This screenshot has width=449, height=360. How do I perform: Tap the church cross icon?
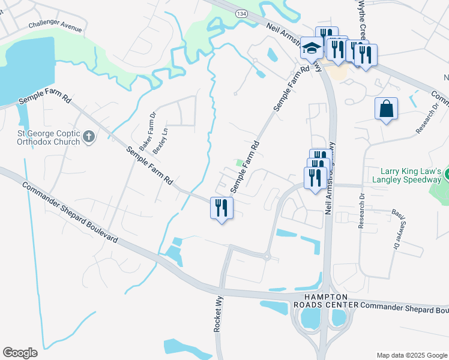tap(89, 137)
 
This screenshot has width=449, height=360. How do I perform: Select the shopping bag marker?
tap(386, 109)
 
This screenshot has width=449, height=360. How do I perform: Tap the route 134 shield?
tap(241, 13)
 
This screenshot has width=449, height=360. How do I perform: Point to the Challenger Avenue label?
tap(55, 27)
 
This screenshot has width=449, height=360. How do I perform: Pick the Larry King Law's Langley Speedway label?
tap(406, 175)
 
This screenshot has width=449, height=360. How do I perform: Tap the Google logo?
tap(20, 353)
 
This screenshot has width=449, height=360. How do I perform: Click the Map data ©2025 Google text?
tap(411, 355)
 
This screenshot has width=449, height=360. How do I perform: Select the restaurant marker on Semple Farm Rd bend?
tap(221, 208)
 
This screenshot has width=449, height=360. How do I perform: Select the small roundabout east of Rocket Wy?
tap(267, 257)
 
